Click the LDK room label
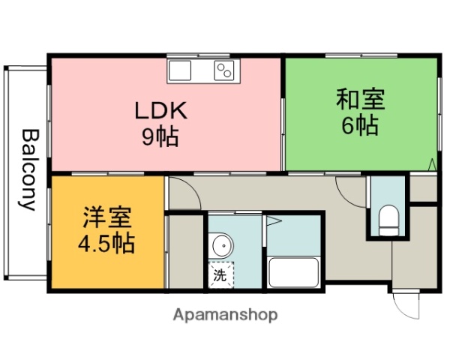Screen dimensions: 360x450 (160, 110)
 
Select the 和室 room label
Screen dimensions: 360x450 (360, 99)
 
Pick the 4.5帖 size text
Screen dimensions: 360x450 (107, 244)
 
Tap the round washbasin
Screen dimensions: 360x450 (221, 245)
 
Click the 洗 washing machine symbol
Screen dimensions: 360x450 (221, 274)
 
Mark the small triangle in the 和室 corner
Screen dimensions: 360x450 (432, 164)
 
